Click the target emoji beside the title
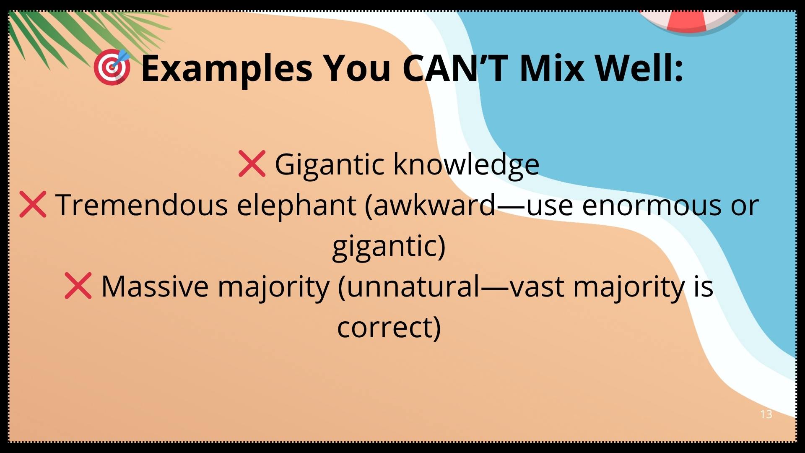tap(112, 68)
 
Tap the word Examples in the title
tap(227, 68)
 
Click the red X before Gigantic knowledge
tap(252, 163)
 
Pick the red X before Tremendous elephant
tap(33, 205)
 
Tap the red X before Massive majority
tap(78, 286)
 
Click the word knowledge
tap(466, 164)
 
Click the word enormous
tap(652, 206)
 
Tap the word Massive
tap(155, 286)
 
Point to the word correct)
tap(389, 328)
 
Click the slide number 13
tap(766, 414)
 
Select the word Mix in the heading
tap(551, 68)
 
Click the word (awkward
tap(430, 206)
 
